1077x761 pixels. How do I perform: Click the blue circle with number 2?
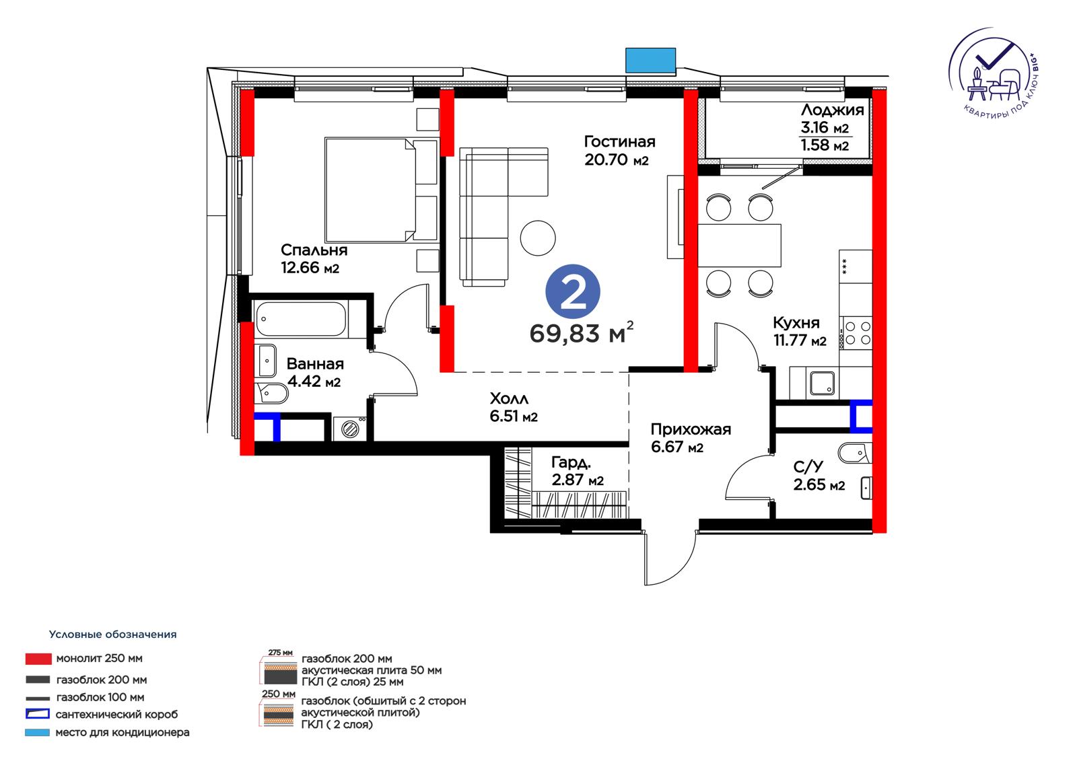573,291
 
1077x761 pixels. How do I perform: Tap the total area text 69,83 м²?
582,332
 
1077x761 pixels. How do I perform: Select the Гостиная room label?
619,141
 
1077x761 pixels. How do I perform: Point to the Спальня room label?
314,250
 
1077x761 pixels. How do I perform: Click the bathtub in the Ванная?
301,319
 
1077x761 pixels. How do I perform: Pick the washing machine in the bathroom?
350,428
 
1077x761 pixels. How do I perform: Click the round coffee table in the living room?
538,238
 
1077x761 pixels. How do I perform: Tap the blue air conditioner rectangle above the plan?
650,61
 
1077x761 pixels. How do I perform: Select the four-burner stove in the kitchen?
856,333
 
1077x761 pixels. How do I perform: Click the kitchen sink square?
822,383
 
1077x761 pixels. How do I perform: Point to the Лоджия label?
832,110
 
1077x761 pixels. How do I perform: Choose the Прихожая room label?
691,429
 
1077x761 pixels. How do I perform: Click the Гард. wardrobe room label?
571,462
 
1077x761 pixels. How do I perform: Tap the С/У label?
808,466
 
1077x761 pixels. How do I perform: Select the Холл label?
509,398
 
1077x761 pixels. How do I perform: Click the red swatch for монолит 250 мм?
38,659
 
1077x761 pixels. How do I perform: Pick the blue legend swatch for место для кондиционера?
38,733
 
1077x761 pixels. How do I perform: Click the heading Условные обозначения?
112,634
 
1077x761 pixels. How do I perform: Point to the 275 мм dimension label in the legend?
280,653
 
